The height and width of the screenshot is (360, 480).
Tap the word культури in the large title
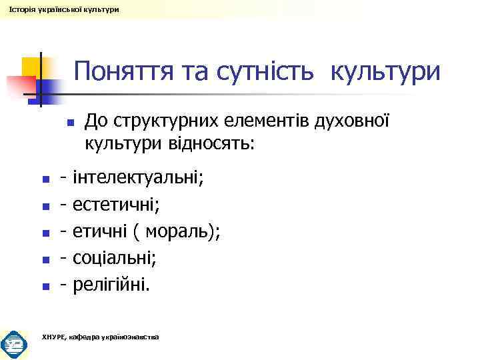[x=385, y=71]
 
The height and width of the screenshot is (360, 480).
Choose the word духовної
[x=351, y=122]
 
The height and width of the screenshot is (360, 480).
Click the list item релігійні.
[x=112, y=285]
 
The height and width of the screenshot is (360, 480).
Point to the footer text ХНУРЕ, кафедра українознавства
[x=100, y=337]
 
